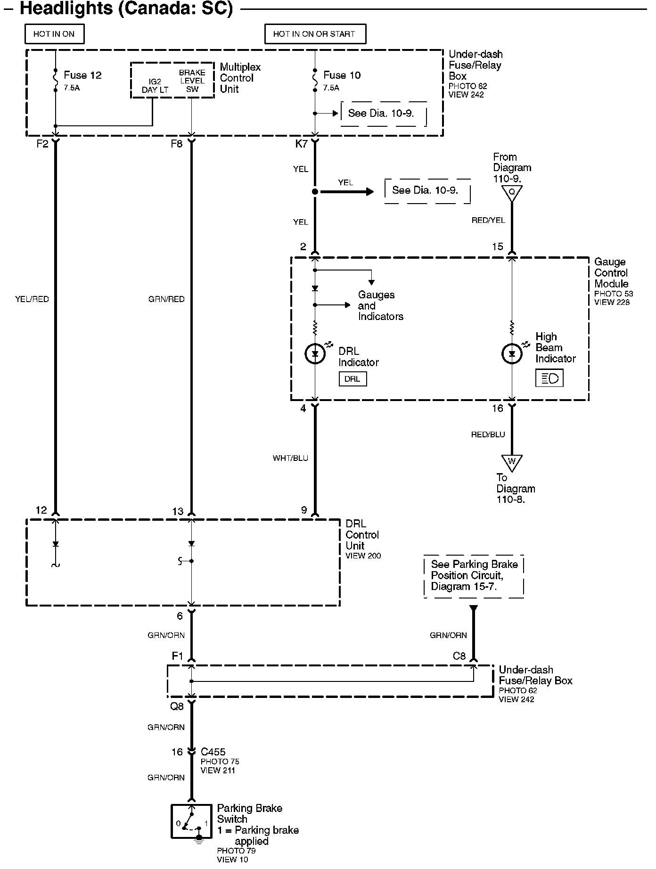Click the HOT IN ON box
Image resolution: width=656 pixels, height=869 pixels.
(54, 34)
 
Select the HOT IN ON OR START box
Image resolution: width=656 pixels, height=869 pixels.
(315, 34)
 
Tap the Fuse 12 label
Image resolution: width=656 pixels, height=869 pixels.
(82, 75)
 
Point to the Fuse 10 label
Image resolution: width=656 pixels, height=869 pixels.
(342, 75)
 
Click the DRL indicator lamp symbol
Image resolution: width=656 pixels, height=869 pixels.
(315, 353)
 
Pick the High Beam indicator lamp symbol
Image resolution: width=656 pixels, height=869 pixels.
(512, 353)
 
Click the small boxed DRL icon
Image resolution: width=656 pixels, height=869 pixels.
(353, 379)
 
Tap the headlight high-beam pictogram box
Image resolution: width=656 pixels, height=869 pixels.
(549, 378)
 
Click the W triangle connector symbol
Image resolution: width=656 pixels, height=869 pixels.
(512, 462)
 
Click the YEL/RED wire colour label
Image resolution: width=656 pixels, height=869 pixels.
(32, 299)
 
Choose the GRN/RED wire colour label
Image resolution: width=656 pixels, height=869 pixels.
(166, 299)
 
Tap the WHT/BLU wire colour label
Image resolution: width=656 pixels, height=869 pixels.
(290, 458)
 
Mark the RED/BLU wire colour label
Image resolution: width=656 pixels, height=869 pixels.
(488, 434)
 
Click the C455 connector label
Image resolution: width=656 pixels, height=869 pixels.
(213, 752)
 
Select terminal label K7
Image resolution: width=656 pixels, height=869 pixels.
(301, 144)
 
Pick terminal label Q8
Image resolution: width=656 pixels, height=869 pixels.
(177, 706)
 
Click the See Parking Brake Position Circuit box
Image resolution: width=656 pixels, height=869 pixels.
(474, 576)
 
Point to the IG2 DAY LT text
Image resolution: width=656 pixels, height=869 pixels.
(155, 86)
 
